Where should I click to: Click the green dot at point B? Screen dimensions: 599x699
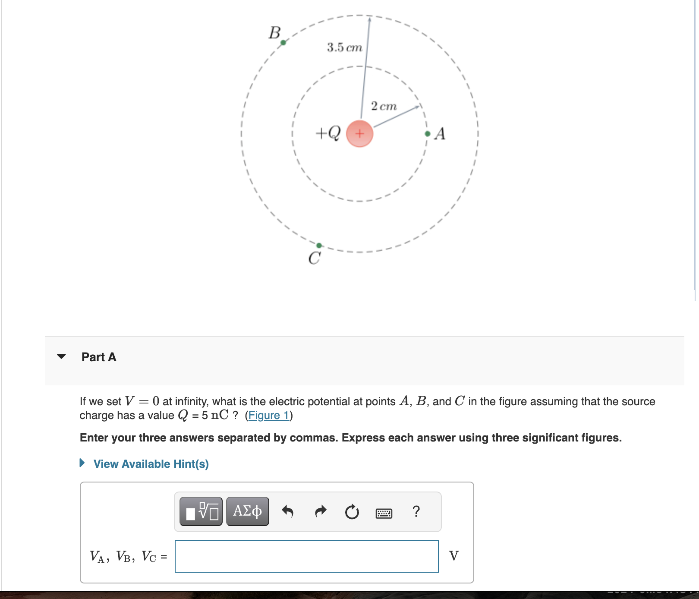coord(283,42)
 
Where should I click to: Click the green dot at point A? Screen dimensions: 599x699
coord(427,134)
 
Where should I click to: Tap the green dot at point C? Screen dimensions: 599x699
coord(319,246)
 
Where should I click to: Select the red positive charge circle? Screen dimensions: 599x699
coord(359,134)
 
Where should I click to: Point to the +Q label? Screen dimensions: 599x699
coord(328,132)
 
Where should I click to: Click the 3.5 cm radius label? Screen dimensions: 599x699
coord(344,47)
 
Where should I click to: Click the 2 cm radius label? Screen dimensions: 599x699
coord(384,106)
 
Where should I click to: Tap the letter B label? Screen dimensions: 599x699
coord(274,33)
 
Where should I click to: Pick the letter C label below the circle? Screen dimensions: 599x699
coord(314,259)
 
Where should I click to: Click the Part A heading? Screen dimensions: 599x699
coord(99,357)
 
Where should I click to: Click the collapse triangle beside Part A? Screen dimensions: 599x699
coord(62,356)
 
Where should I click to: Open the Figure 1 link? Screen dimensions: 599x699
coord(268,415)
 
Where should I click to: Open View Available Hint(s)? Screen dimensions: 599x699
coord(151,464)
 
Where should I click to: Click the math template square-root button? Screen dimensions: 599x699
coord(201,511)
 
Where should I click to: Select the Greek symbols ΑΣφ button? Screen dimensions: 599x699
coord(247,511)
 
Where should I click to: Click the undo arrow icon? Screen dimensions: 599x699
coord(287,512)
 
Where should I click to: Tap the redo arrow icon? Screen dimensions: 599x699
coord(320,512)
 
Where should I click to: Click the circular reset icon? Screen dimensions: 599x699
coord(352,512)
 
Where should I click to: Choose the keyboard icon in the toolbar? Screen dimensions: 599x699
coord(384,513)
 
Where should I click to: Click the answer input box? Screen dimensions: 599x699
coord(306,556)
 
